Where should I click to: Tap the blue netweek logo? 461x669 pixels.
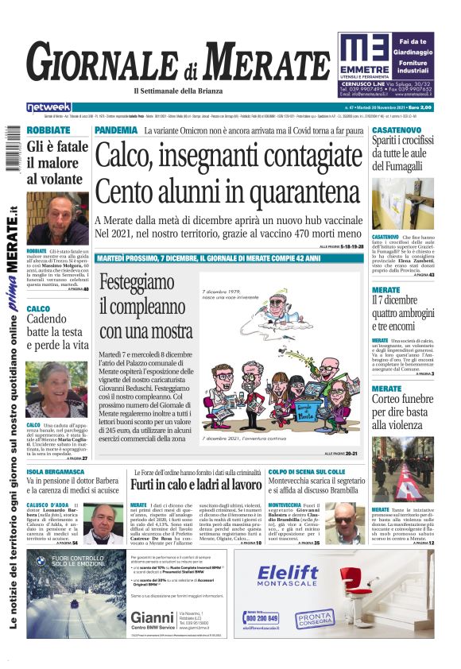click(x=48, y=107)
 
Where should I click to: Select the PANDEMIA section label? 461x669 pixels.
click(x=115, y=130)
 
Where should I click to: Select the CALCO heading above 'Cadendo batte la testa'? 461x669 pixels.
click(x=38, y=309)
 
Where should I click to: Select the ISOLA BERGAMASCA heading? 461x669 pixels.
click(x=56, y=471)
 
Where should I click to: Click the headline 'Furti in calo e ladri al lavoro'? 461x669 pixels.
click(x=196, y=484)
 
